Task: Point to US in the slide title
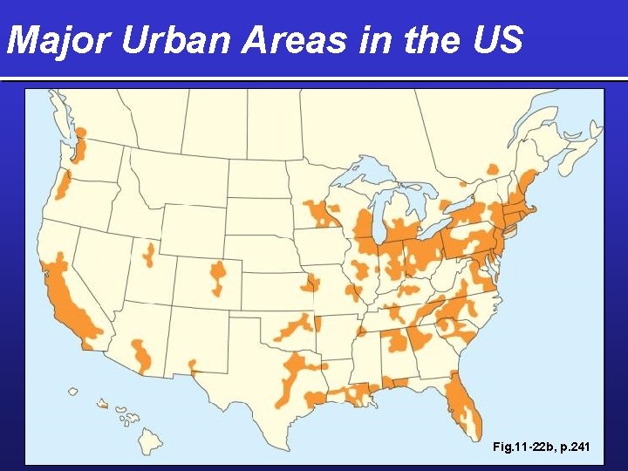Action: click(498, 39)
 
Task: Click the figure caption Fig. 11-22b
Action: click(520, 447)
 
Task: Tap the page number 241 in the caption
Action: click(578, 447)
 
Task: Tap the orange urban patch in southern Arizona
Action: click(142, 353)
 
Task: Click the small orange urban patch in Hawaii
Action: click(103, 404)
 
